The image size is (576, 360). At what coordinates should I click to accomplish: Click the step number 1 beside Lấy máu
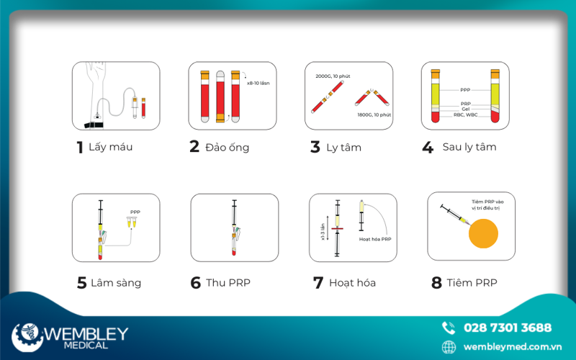[80, 148]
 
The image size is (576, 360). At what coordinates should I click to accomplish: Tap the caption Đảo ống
[228, 148]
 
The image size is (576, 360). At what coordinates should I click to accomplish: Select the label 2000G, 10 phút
[333, 76]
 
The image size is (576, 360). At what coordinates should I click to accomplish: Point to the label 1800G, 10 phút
[374, 114]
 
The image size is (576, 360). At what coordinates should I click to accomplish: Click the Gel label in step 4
[465, 109]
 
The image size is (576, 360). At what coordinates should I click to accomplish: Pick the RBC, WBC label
[465, 114]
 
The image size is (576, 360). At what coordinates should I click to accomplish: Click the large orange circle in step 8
[483, 233]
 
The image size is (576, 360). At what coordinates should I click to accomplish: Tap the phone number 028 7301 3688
[508, 328]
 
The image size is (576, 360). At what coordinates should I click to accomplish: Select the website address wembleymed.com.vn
[513, 347]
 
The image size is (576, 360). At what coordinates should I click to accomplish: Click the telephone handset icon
[449, 328]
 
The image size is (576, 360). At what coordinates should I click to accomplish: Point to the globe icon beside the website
[449, 347]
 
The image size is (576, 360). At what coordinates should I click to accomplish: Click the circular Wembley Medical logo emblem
[27, 337]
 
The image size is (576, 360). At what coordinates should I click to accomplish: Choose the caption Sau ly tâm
[469, 147]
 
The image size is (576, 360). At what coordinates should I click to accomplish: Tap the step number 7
[318, 283]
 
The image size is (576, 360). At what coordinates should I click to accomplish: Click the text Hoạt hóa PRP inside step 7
[375, 239]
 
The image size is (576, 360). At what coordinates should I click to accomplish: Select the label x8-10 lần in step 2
[258, 83]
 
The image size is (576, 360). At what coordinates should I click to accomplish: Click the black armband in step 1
[94, 125]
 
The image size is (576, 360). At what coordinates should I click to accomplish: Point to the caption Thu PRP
[228, 283]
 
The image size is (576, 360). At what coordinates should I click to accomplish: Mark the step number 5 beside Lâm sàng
[81, 283]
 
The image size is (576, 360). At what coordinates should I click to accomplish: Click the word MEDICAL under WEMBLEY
[86, 346]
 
